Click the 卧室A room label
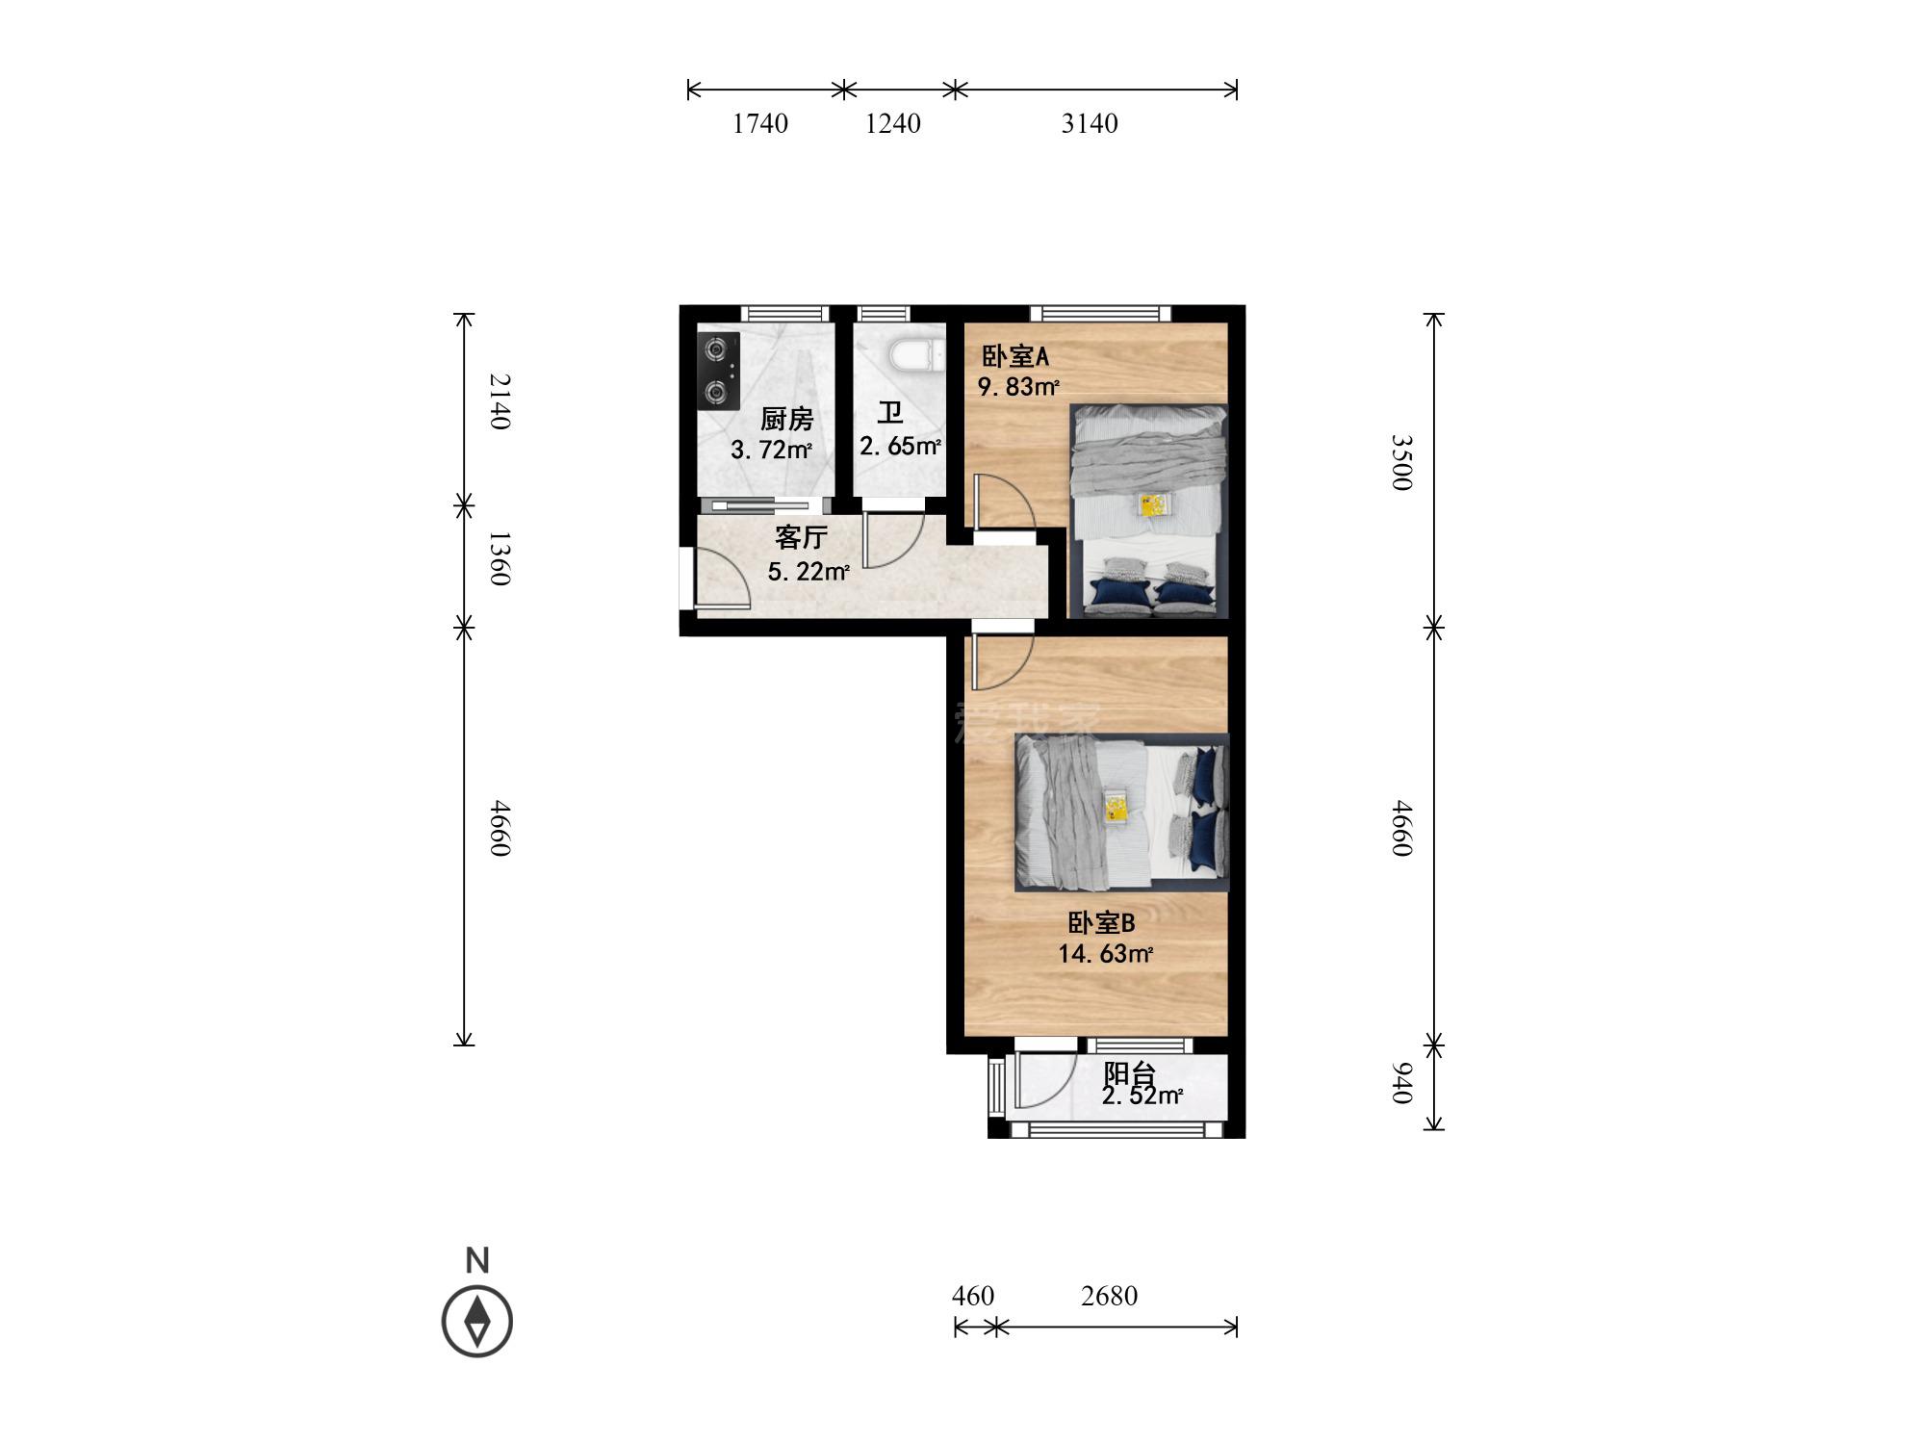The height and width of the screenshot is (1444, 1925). tap(1014, 356)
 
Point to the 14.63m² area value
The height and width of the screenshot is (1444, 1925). tap(1106, 954)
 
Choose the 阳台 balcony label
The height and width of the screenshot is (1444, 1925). tap(1129, 1074)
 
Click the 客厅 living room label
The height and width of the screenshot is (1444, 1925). tap(801, 537)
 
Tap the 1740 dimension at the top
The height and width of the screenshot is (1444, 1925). tap(760, 123)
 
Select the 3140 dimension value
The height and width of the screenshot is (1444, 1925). tap(1090, 123)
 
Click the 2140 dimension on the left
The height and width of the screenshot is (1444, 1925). tap(499, 401)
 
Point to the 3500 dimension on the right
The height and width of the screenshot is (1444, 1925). tap(1401, 462)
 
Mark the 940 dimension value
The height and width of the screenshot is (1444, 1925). tap(1401, 1083)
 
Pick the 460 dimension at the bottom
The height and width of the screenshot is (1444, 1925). tap(973, 1296)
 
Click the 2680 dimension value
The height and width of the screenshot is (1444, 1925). tap(1109, 1296)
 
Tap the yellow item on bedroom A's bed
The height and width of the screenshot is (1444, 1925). tap(1154, 505)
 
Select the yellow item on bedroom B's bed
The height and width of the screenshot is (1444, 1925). tap(1116, 806)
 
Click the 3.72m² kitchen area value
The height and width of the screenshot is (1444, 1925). tap(771, 450)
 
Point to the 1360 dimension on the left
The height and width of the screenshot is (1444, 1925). tap(499, 557)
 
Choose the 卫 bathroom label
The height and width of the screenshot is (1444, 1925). tap(890, 414)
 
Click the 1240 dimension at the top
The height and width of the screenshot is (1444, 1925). tap(893, 123)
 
